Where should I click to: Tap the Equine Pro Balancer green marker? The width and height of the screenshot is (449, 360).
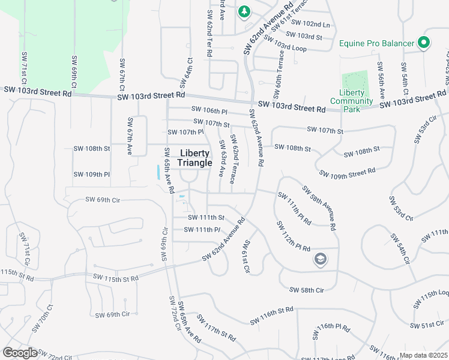(x=424, y=43)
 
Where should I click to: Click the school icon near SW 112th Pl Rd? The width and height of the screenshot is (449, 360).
(x=320, y=259)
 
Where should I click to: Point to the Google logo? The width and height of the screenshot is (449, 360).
(x=20, y=352)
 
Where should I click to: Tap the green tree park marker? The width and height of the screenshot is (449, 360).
(x=244, y=11)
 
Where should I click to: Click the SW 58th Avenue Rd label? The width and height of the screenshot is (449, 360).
(x=318, y=208)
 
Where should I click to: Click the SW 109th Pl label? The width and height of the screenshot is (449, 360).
(x=91, y=175)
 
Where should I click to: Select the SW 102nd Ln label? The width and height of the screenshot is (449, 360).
(x=310, y=25)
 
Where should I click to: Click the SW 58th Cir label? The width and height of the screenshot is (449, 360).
(x=306, y=290)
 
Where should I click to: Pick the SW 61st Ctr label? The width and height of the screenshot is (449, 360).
(x=246, y=256)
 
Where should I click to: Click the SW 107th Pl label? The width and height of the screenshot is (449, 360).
(x=185, y=132)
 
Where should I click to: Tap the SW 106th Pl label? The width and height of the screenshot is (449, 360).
(x=209, y=110)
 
